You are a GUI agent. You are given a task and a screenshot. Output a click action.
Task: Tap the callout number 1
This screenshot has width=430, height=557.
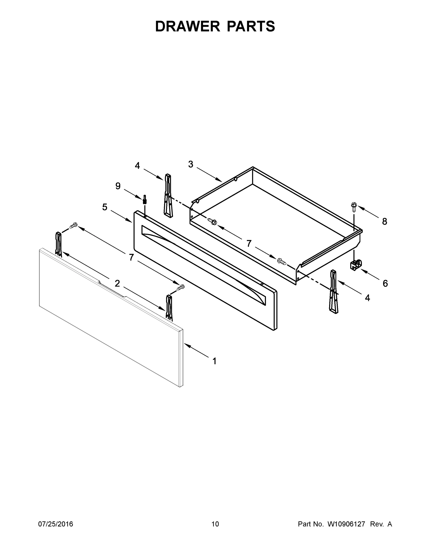pyautogui.click(x=214, y=361)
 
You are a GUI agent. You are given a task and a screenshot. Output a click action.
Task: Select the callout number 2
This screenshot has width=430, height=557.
pyautogui.click(x=117, y=283)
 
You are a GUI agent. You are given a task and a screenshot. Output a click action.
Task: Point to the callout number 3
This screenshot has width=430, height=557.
pyautogui.click(x=191, y=164)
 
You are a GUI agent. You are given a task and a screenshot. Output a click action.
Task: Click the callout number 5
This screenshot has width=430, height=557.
pyautogui.click(x=105, y=207)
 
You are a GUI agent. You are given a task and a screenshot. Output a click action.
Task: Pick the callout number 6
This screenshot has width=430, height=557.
pyautogui.click(x=385, y=283)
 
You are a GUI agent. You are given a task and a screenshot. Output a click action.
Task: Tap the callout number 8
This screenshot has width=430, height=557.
pyautogui.click(x=384, y=222)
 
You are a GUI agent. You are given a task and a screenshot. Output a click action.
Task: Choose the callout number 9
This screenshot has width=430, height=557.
pyautogui.click(x=118, y=186)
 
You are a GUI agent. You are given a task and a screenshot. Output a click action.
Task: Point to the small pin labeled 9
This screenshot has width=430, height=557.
pyautogui.click(x=145, y=199)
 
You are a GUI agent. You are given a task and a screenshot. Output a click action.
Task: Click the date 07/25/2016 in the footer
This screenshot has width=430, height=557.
pyautogui.click(x=56, y=524)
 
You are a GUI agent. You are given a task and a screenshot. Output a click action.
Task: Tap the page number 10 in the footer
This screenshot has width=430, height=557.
pyautogui.click(x=215, y=524)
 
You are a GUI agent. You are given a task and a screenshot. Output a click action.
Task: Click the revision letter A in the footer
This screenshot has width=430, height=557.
pyautogui.click(x=389, y=524)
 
